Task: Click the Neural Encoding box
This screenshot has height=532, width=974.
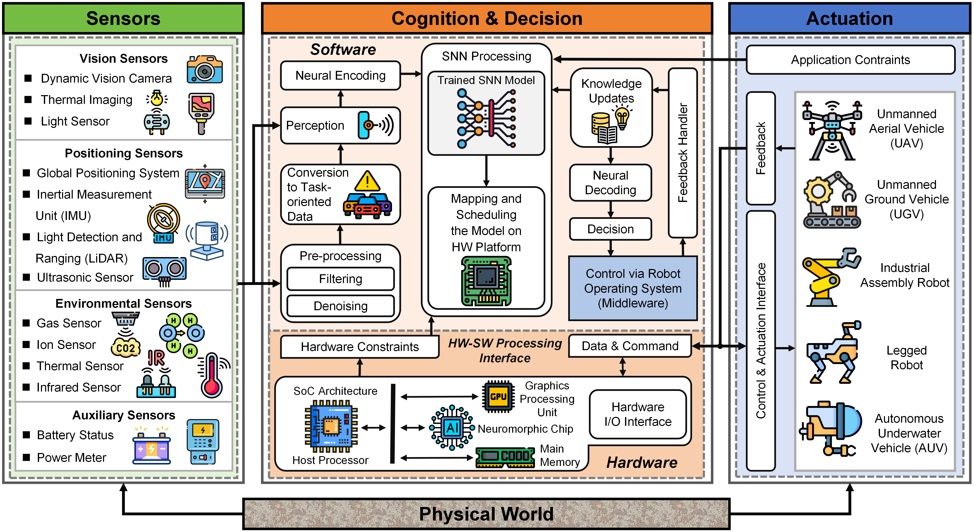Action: pos(340,76)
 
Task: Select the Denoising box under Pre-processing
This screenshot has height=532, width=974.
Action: pos(340,306)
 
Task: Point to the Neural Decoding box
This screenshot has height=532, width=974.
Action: pos(610,183)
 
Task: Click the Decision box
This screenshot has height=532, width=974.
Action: pos(610,229)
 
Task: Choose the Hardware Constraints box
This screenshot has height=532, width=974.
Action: pos(360,347)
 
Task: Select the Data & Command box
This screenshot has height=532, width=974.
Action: pos(630,346)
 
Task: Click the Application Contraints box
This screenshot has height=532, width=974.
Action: pos(850,60)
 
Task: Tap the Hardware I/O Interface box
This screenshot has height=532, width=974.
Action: pos(638,414)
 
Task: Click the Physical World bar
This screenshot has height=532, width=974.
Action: pos(486,514)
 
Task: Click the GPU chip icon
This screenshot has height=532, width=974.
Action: pos(498,397)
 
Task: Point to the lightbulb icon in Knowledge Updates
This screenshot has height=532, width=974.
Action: pos(622,117)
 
